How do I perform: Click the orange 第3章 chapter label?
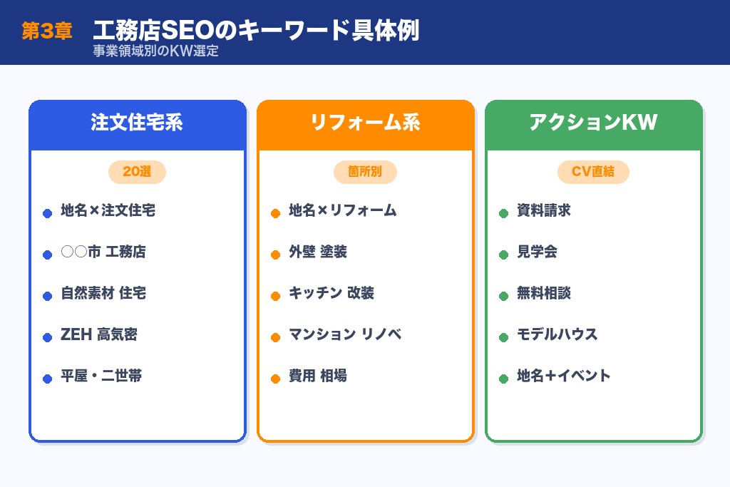pyautogui.click(x=46, y=31)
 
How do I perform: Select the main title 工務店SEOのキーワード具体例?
pyautogui.click(x=256, y=31)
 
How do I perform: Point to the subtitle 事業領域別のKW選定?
pyautogui.click(x=155, y=52)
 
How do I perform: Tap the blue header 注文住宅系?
pyautogui.click(x=137, y=123)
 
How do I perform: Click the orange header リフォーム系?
pyautogui.click(x=365, y=123)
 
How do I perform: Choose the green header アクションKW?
pyautogui.click(x=593, y=123)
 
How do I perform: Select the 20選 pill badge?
pyautogui.click(x=137, y=172)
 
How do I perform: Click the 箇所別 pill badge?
pyautogui.click(x=365, y=172)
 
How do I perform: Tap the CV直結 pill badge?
pyautogui.click(x=593, y=172)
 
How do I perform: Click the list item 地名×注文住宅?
pyautogui.click(x=108, y=211)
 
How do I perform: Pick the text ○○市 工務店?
pyautogui.click(x=103, y=252)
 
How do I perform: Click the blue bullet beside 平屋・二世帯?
pyautogui.click(x=48, y=379)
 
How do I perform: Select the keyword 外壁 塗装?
pyautogui.click(x=318, y=252)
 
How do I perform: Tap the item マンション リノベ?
pyautogui.click(x=345, y=334)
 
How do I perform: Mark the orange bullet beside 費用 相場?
pyautogui.click(x=276, y=379)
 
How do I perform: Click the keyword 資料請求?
pyautogui.click(x=544, y=211)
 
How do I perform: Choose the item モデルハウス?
pyautogui.click(x=557, y=334)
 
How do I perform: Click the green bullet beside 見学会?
pyautogui.click(x=504, y=255)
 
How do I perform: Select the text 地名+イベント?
pyautogui.click(x=564, y=376)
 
